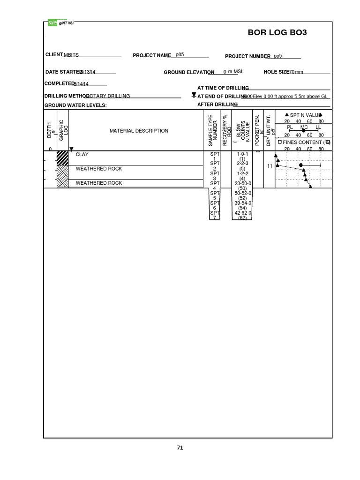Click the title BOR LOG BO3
point(277,33)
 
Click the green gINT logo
point(52,22)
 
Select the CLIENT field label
point(54,55)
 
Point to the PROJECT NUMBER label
point(247,56)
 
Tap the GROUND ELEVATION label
point(189,73)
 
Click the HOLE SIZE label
point(276,72)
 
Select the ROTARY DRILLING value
point(108,96)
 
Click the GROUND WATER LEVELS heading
point(75,105)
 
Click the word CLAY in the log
point(82,154)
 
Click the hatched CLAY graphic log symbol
point(62,158)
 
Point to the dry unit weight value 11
point(270,166)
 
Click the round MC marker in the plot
point(301,165)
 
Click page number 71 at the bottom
point(180,448)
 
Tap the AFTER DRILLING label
point(217,105)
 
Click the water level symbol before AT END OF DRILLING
point(194,96)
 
